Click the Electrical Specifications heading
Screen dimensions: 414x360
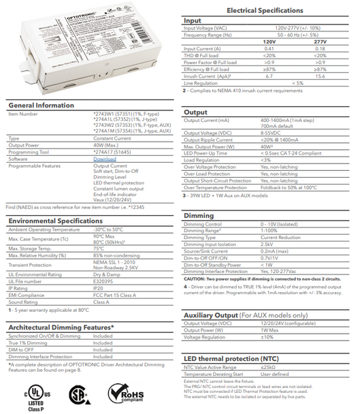[x=269, y=11]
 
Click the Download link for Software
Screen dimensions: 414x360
[x=104, y=159]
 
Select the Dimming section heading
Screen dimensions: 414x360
[x=199, y=216]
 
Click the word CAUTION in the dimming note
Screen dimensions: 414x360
[x=195, y=279]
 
